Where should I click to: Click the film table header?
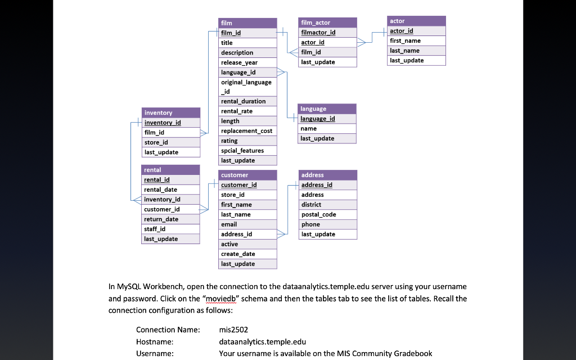[247, 23]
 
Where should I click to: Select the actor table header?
[416, 21]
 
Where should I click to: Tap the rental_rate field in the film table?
[247, 111]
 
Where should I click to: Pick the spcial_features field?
[247, 151]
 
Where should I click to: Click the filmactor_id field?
[328, 33]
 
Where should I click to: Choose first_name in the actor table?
[416, 41]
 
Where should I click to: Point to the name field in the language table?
[327, 129]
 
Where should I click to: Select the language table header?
[327, 109]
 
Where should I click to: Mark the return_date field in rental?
[170, 219]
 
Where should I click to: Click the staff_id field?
[170, 229]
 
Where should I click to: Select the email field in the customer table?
[247, 224]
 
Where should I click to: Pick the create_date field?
[247, 254]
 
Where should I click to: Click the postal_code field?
[328, 214]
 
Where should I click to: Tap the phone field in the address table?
[328, 224]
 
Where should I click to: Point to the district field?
[328, 205]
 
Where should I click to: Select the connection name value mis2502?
[233, 330]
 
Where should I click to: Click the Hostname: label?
[155, 341]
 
